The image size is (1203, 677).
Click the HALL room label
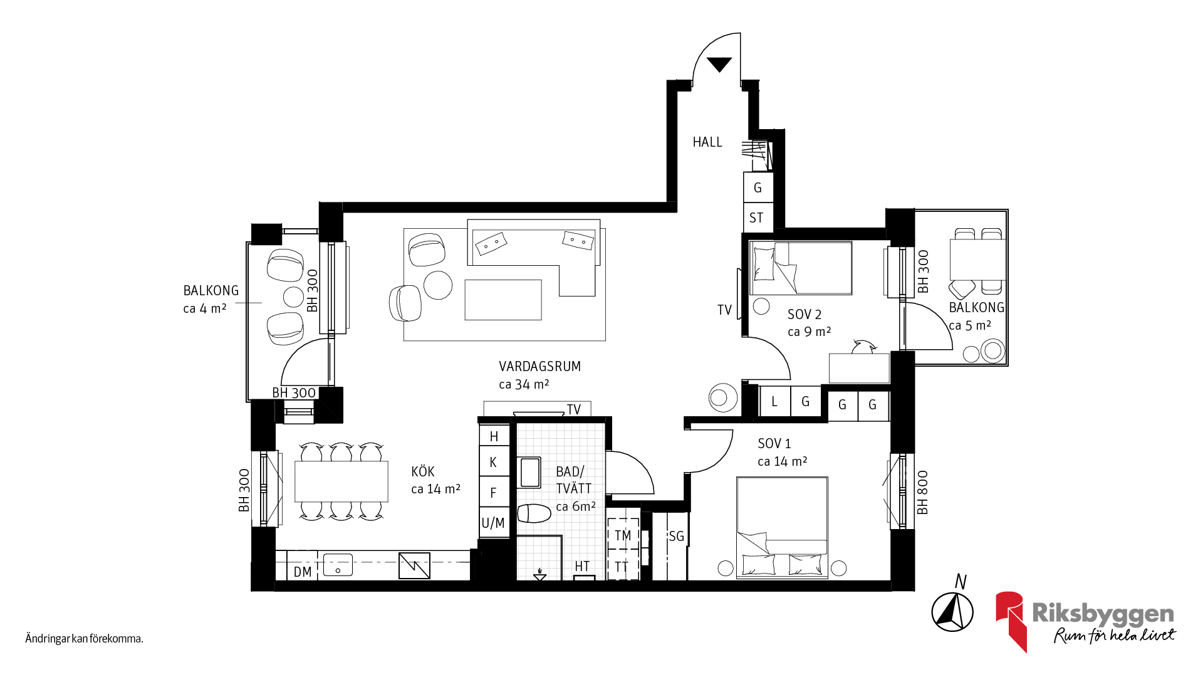(x=707, y=142)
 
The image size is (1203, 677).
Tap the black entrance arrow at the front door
(x=719, y=64)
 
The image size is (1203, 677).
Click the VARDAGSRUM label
(x=539, y=366)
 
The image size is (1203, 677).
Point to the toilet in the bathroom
(x=534, y=513)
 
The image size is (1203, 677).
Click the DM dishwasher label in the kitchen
(x=303, y=572)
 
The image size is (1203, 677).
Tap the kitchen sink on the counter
(x=338, y=565)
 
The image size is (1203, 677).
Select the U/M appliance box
(x=493, y=523)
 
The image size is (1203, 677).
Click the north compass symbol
(x=952, y=611)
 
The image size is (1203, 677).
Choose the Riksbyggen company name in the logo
(x=1103, y=614)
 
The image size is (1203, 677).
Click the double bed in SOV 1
(x=782, y=527)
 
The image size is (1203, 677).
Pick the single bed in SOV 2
(x=801, y=268)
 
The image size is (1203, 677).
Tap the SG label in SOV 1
(x=677, y=536)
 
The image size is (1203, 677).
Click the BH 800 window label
(x=923, y=493)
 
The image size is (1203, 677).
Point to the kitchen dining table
(x=341, y=481)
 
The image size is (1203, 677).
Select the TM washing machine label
(x=623, y=535)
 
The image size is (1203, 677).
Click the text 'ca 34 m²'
(x=524, y=384)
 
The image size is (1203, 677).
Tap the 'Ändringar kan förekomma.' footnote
(x=84, y=639)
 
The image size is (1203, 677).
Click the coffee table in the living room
(x=503, y=300)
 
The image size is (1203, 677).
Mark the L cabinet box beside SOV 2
(x=774, y=401)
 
